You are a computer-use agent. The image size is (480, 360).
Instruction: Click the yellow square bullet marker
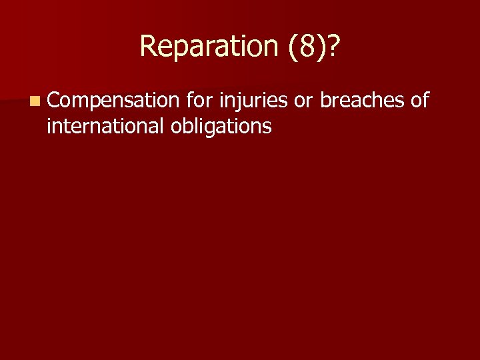(34, 102)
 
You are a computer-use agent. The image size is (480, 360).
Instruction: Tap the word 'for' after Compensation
(198, 101)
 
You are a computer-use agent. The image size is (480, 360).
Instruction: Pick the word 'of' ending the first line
(419, 101)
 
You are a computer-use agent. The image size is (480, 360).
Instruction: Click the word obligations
(221, 127)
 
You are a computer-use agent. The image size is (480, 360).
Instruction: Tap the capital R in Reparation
(147, 46)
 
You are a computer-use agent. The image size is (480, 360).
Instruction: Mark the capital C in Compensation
(53, 101)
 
